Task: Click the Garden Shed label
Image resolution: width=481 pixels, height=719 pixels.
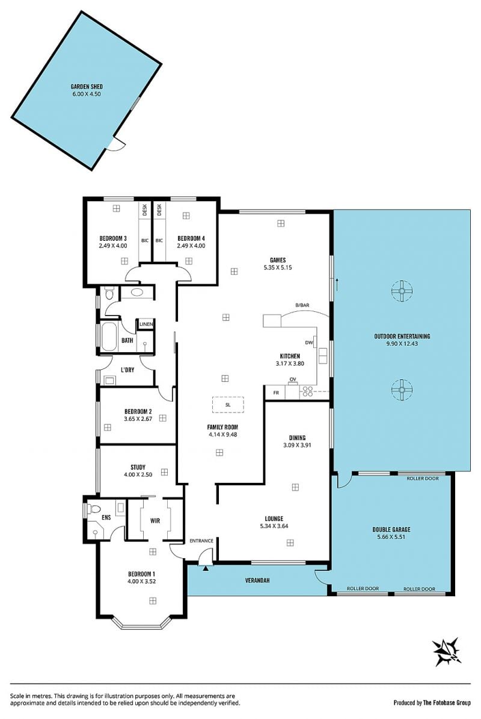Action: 87,86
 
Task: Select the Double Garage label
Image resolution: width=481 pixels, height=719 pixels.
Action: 391,529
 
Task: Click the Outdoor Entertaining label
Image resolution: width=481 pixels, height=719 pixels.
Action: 402,336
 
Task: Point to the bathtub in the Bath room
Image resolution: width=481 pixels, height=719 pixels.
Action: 109,337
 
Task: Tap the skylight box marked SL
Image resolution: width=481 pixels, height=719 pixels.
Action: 228,405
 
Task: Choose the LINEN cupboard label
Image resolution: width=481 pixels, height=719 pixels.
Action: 146,324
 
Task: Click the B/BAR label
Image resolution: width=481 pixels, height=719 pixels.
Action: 302,305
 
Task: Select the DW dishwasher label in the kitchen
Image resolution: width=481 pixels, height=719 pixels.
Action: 309,343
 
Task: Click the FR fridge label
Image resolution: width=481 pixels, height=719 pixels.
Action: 276,393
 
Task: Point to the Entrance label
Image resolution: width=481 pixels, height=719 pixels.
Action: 201,541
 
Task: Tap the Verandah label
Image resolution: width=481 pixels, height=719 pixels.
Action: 257,580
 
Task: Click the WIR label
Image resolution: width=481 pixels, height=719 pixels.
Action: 155,520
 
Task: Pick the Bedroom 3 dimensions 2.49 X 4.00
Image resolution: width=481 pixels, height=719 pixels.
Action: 113,246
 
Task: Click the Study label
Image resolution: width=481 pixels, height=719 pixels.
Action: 138,467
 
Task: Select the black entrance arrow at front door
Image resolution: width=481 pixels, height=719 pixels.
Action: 206,568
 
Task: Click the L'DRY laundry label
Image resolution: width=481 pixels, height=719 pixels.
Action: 127,370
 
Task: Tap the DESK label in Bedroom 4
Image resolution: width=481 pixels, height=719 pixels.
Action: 159,210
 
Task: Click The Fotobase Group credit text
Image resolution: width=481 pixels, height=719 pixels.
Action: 447,703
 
